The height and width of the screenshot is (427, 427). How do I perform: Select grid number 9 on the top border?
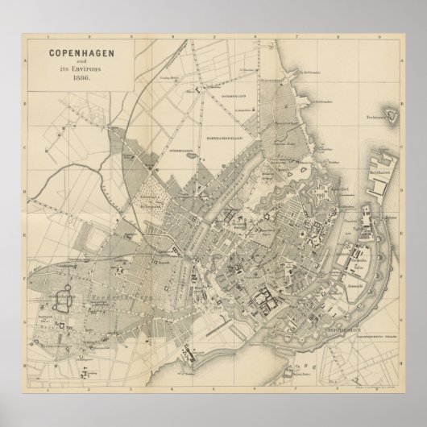pyautogui.click(x=386, y=37)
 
